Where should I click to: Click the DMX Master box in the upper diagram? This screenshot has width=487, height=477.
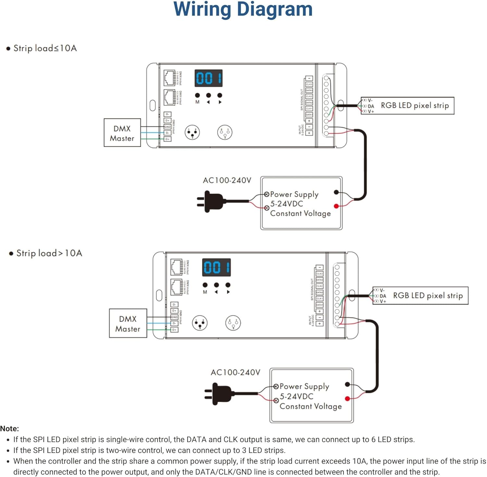122,133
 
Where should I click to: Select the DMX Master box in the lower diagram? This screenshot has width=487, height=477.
128,324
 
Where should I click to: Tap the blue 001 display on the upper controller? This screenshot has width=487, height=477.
208,78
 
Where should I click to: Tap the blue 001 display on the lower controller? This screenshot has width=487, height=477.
217,267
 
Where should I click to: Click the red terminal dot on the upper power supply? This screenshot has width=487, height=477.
336,206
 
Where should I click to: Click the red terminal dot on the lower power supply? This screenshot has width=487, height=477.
347,398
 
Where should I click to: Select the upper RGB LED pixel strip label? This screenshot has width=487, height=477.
415,105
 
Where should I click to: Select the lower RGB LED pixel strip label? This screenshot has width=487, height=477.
428,296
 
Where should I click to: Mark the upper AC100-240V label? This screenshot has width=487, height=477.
227,180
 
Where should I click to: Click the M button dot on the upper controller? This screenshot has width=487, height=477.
197,95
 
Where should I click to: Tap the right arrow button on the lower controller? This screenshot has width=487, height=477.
228,285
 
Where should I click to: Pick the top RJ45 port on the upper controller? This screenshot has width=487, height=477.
169,78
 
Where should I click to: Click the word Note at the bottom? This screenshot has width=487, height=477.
9,429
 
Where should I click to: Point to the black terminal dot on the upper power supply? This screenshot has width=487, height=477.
336,192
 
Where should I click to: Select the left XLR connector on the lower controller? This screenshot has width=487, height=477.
200,323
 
